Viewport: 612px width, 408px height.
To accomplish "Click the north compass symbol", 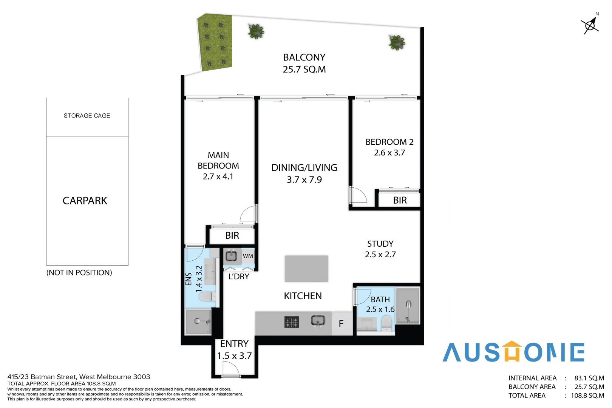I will pos(590,25).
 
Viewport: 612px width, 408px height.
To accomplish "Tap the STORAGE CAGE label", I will pos(87,116).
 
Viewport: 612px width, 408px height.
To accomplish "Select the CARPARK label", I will pos(85,201).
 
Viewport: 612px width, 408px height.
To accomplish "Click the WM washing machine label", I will pos(248,256).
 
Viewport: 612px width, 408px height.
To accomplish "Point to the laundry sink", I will pos(231,256).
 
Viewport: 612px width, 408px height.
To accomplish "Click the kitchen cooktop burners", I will pos(291,322).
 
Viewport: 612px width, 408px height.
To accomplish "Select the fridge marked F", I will pos(341,324).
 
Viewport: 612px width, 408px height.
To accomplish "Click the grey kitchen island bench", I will pos(306,269).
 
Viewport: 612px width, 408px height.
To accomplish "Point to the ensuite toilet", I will pos(206,297).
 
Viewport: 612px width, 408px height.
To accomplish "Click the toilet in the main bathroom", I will pos(386,323).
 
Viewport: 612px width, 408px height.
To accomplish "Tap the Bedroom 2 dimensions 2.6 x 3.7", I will pos(389,153).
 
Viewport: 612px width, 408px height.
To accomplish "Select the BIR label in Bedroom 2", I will pos(400,200).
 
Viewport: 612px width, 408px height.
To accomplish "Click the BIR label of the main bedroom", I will pos(232,236).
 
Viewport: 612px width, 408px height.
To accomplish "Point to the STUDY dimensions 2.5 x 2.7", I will pos(380,255).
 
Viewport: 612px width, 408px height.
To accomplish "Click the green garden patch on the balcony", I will pos(215,42).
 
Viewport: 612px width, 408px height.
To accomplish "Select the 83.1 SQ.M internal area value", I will pos(589,378).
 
